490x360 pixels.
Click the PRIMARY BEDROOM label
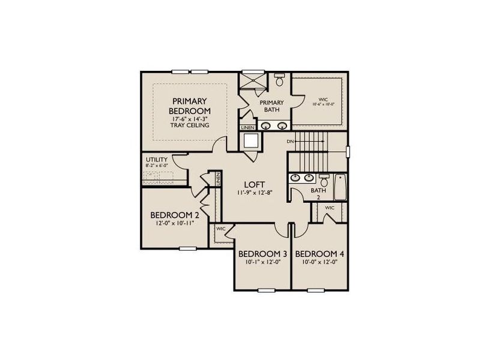189,106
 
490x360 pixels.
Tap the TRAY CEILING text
189,125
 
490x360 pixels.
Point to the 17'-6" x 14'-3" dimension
189,119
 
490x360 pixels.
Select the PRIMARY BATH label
271,106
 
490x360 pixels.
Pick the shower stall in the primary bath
252,82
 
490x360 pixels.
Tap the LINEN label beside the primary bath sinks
247,128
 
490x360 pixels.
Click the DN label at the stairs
290,142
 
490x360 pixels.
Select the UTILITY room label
156,160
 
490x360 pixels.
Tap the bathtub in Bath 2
340,186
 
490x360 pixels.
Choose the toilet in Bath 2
324,181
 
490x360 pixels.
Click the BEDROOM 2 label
174,215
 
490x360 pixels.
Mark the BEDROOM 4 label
319,254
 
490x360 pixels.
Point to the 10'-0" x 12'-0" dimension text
319,262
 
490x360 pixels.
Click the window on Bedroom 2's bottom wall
188,247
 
